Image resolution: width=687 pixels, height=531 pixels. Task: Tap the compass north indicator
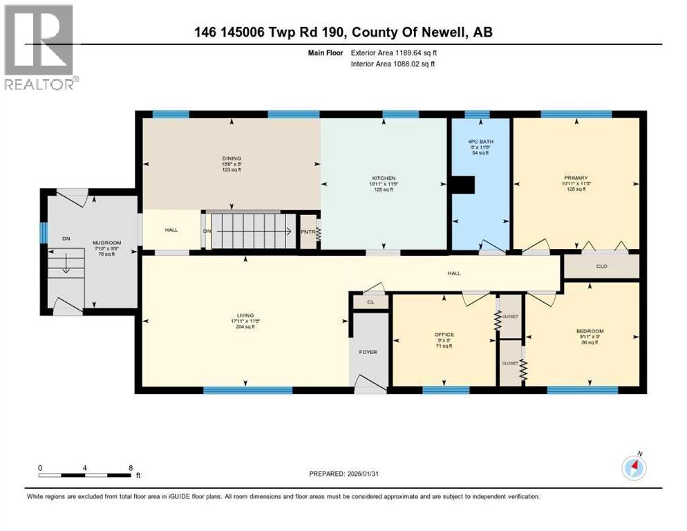[x=634, y=467]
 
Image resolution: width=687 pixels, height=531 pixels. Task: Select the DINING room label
[x=231, y=158]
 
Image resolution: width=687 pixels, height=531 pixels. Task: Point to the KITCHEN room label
[x=384, y=178]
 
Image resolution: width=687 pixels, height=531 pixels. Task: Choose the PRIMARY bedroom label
[x=575, y=178]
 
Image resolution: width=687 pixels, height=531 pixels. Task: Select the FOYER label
[x=368, y=352]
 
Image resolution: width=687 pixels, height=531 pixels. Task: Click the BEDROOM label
[x=590, y=331]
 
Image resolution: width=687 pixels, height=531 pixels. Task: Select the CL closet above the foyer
[x=371, y=301]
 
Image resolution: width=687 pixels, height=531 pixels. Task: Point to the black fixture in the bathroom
[x=462, y=185]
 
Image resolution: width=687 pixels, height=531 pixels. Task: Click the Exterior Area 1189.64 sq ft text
[x=394, y=52]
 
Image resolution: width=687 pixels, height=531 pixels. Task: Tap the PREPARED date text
[x=344, y=474]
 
